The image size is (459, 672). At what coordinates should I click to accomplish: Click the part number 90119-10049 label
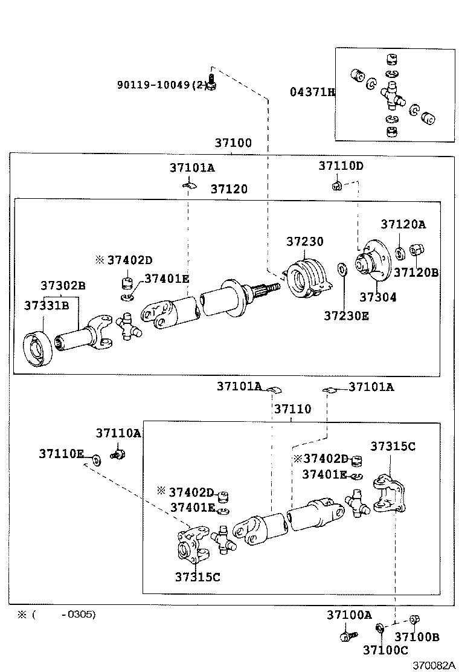[161, 85]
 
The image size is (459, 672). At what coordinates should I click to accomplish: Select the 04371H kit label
[312, 92]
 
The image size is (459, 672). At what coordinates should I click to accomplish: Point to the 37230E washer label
[345, 315]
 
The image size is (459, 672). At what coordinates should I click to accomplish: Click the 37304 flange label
[378, 297]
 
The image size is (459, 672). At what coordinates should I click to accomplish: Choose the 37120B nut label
[416, 273]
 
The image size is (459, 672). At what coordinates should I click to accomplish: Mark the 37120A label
[403, 225]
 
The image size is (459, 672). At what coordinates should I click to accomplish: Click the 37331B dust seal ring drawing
[40, 350]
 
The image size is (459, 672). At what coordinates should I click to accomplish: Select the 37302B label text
[63, 285]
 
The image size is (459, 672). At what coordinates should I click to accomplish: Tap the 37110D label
[341, 166]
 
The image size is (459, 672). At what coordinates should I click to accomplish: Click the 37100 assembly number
[233, 143]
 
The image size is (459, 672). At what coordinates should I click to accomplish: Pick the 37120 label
[229, 189]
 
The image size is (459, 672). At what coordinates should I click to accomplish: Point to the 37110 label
[292, 409]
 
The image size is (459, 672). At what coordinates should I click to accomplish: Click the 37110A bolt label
[118, 433]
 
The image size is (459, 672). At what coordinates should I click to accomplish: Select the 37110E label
[62, 453]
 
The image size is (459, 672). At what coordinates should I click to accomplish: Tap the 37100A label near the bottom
[349, 615]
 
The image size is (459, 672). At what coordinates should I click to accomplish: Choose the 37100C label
[385, 650]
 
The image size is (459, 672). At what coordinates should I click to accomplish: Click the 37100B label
[417, 637]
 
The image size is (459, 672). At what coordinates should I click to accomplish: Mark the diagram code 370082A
[433, 664]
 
